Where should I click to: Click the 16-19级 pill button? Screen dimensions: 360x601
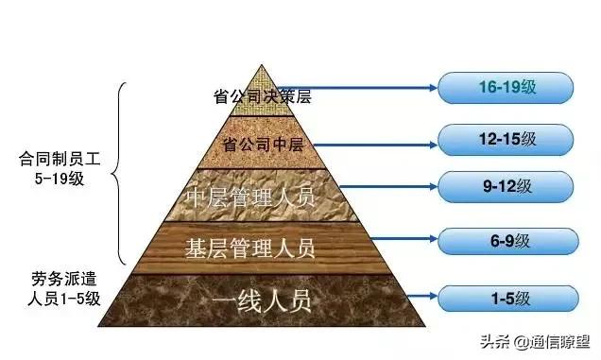click(506, 90)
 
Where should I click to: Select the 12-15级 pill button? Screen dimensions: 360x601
click(506, 138)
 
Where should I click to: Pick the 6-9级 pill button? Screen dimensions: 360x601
click(506, 243)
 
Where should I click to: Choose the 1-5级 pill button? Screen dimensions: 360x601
click(506, 300)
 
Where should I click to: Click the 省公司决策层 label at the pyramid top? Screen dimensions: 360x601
click(262, 95)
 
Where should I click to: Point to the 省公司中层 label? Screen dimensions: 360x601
click(262, 146)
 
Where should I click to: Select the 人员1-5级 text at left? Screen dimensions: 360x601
click(57, 300)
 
